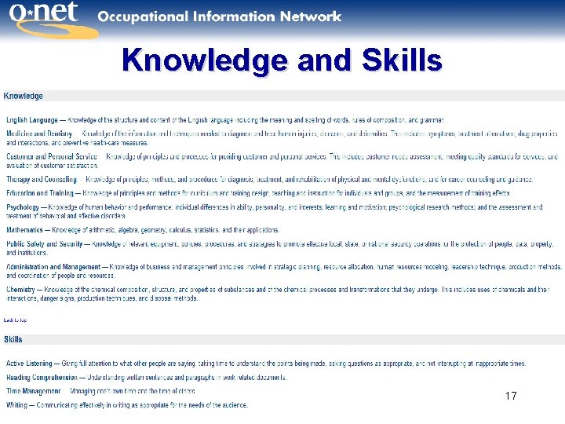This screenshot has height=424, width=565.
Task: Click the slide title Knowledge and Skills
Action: coord(282,60)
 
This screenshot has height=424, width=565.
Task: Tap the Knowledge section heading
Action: coord(24,96)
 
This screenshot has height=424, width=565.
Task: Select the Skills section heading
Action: coord(13,339)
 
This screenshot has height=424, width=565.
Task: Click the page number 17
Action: coord(511,396)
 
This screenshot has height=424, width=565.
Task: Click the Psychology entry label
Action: coord(22,207)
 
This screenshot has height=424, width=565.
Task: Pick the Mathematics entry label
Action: coord(25,230)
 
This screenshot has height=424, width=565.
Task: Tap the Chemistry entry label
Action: coord(21,290)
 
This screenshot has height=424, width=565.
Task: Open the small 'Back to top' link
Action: coord(15,320)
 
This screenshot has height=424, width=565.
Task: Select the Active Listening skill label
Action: coord(29,364)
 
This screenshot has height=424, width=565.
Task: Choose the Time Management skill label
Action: coord(33,391)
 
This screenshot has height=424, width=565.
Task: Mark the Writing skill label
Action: coord(16,405)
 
